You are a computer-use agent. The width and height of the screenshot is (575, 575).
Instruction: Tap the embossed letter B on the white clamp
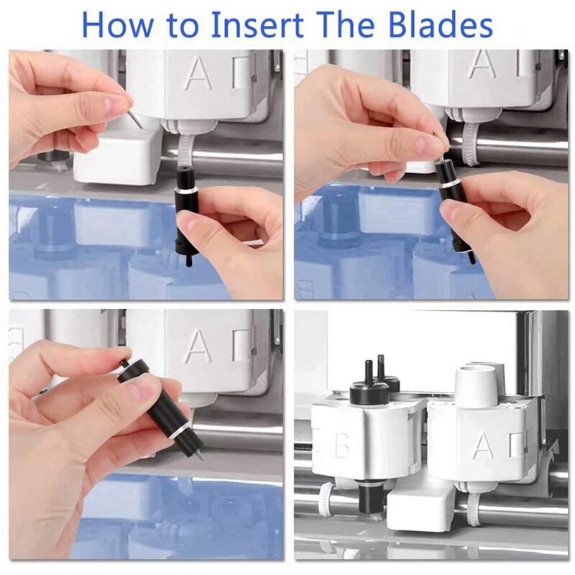pos(343,446)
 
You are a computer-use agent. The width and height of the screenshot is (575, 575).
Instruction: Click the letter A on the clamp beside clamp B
pos(482,446)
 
